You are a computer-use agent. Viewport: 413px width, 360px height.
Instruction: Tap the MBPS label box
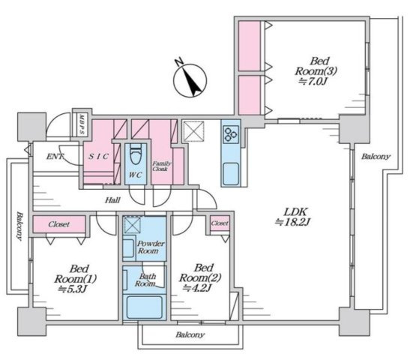[82, 124]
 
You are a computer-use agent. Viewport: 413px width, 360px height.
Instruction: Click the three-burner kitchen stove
[231, 134]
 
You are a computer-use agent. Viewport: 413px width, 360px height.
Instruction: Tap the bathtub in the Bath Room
[144, 307]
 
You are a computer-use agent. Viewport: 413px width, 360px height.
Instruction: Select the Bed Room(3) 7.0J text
[316, 71]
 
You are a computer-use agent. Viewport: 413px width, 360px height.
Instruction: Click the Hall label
[112, 200]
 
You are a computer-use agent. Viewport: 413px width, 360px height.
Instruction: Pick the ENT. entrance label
[55, 157]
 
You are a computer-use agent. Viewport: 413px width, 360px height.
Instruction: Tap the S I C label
[98, 157]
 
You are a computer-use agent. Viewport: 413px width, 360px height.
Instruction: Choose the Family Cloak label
[162, 166]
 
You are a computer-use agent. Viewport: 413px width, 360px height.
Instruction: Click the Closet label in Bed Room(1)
[59, 224]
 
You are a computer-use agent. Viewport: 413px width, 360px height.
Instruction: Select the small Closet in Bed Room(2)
[220, 223]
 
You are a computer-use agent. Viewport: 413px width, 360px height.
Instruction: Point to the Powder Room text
[151, 247]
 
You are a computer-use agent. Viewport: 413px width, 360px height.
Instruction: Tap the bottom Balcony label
[190, 335]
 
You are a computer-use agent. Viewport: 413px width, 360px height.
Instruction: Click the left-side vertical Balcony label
[19, 226]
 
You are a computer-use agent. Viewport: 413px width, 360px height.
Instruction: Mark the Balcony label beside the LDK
[376, 157]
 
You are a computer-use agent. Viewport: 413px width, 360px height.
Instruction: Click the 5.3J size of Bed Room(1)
[73, 289]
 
